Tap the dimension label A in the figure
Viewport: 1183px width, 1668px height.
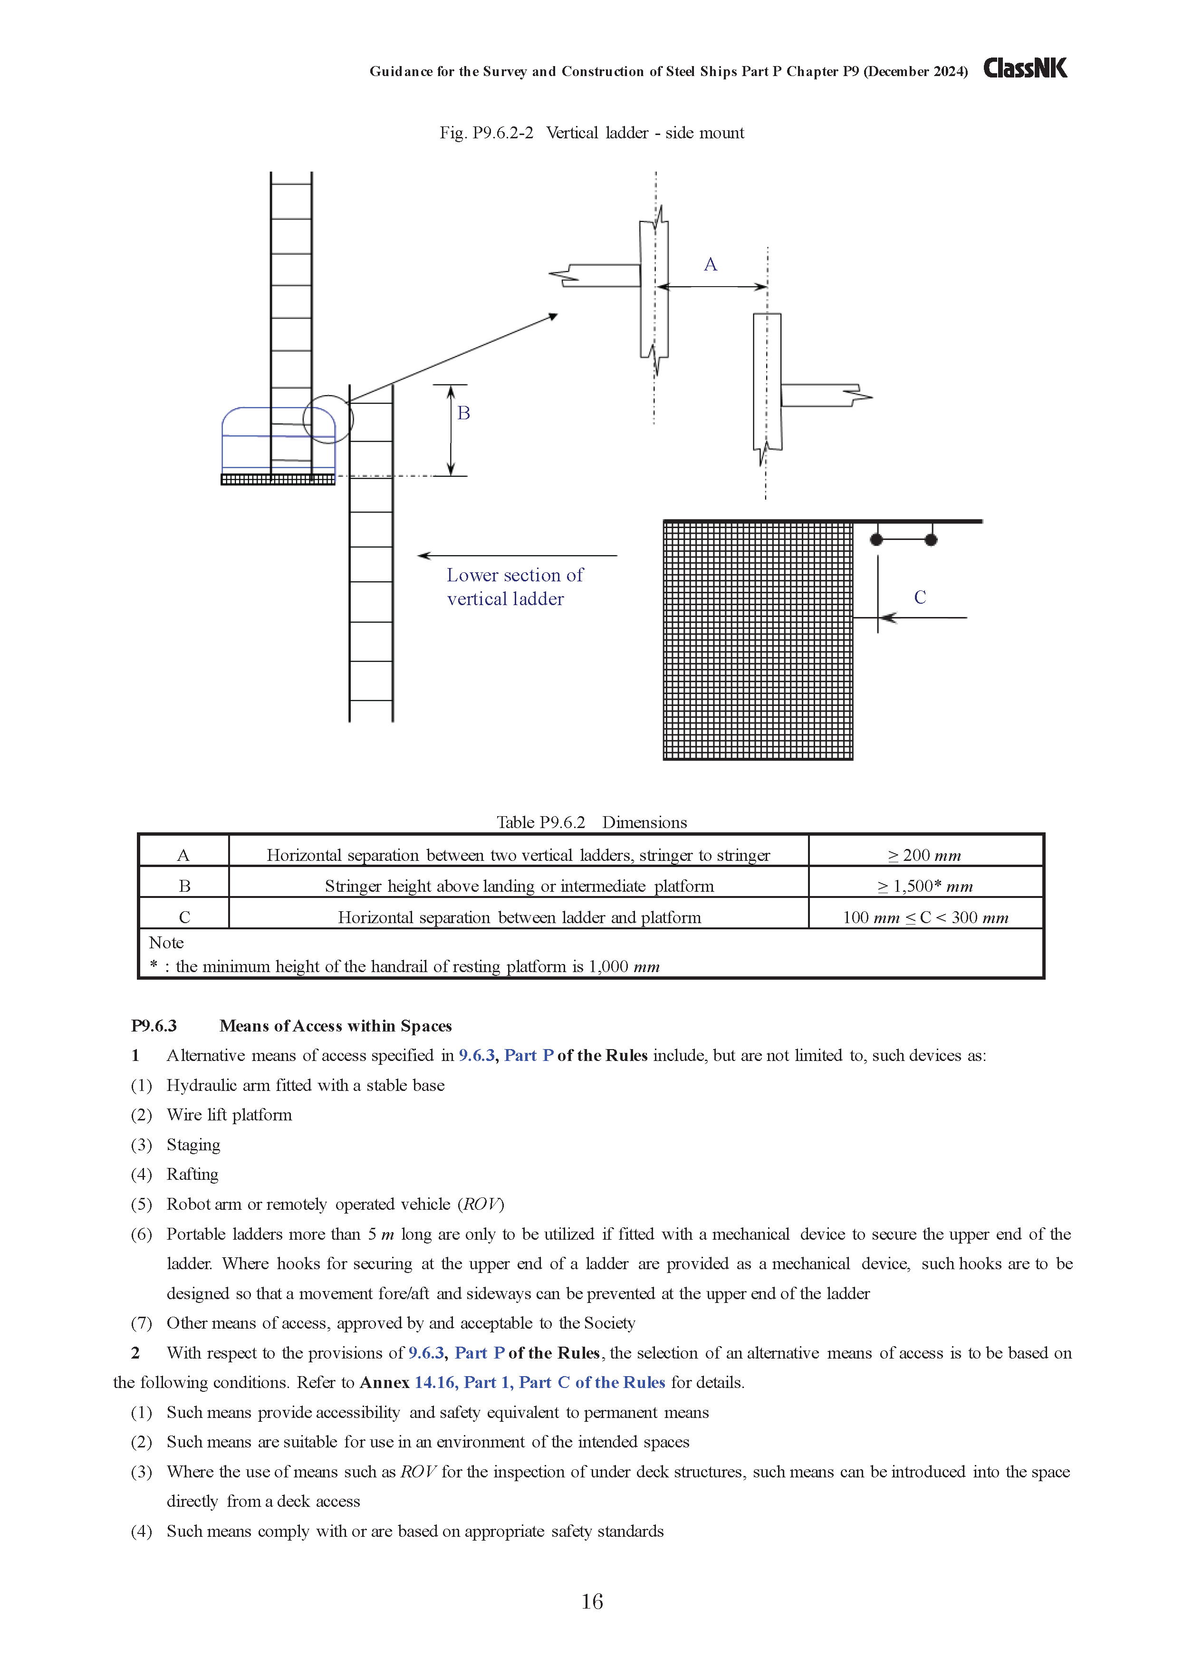click(x=710, y=264)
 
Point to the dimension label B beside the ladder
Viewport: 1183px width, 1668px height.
click(x=463, y=413)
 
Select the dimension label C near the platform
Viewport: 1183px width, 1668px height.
click(x=920, y=597)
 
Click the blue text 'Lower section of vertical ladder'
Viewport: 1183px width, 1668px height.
click(x=514, y=587)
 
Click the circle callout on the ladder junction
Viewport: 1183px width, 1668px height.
click(x=328, y=420)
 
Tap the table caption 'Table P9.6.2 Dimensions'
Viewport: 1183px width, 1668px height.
click(x=591, y=822)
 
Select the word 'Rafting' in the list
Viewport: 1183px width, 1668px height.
click(x=192, y=1174)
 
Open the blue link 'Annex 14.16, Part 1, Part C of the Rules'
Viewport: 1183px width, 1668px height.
click(x=539, y=1382)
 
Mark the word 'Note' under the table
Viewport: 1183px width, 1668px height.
click(x=166, y=943)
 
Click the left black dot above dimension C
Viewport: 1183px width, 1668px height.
click(x=876, y=540)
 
